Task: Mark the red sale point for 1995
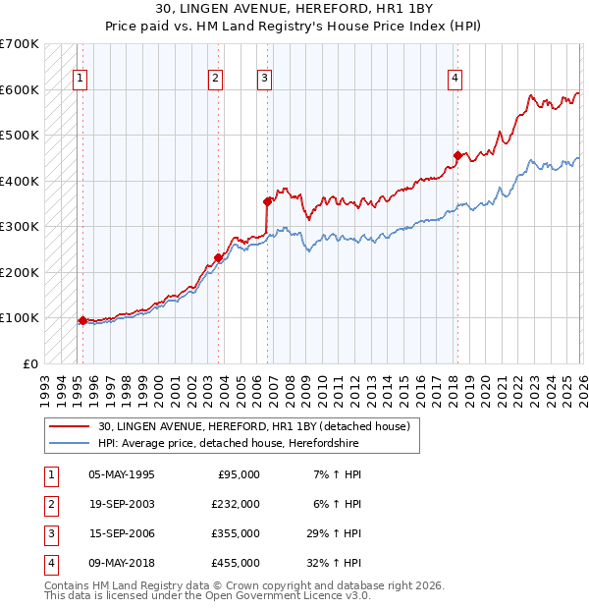pyautogui.click(x=82, y=319)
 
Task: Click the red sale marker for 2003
pyautogui.click(x=219, y=257)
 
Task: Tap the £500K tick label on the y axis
pyautogui.click(x=19, y=136)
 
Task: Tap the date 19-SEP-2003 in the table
pyautogui.click(x=121, y=504)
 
